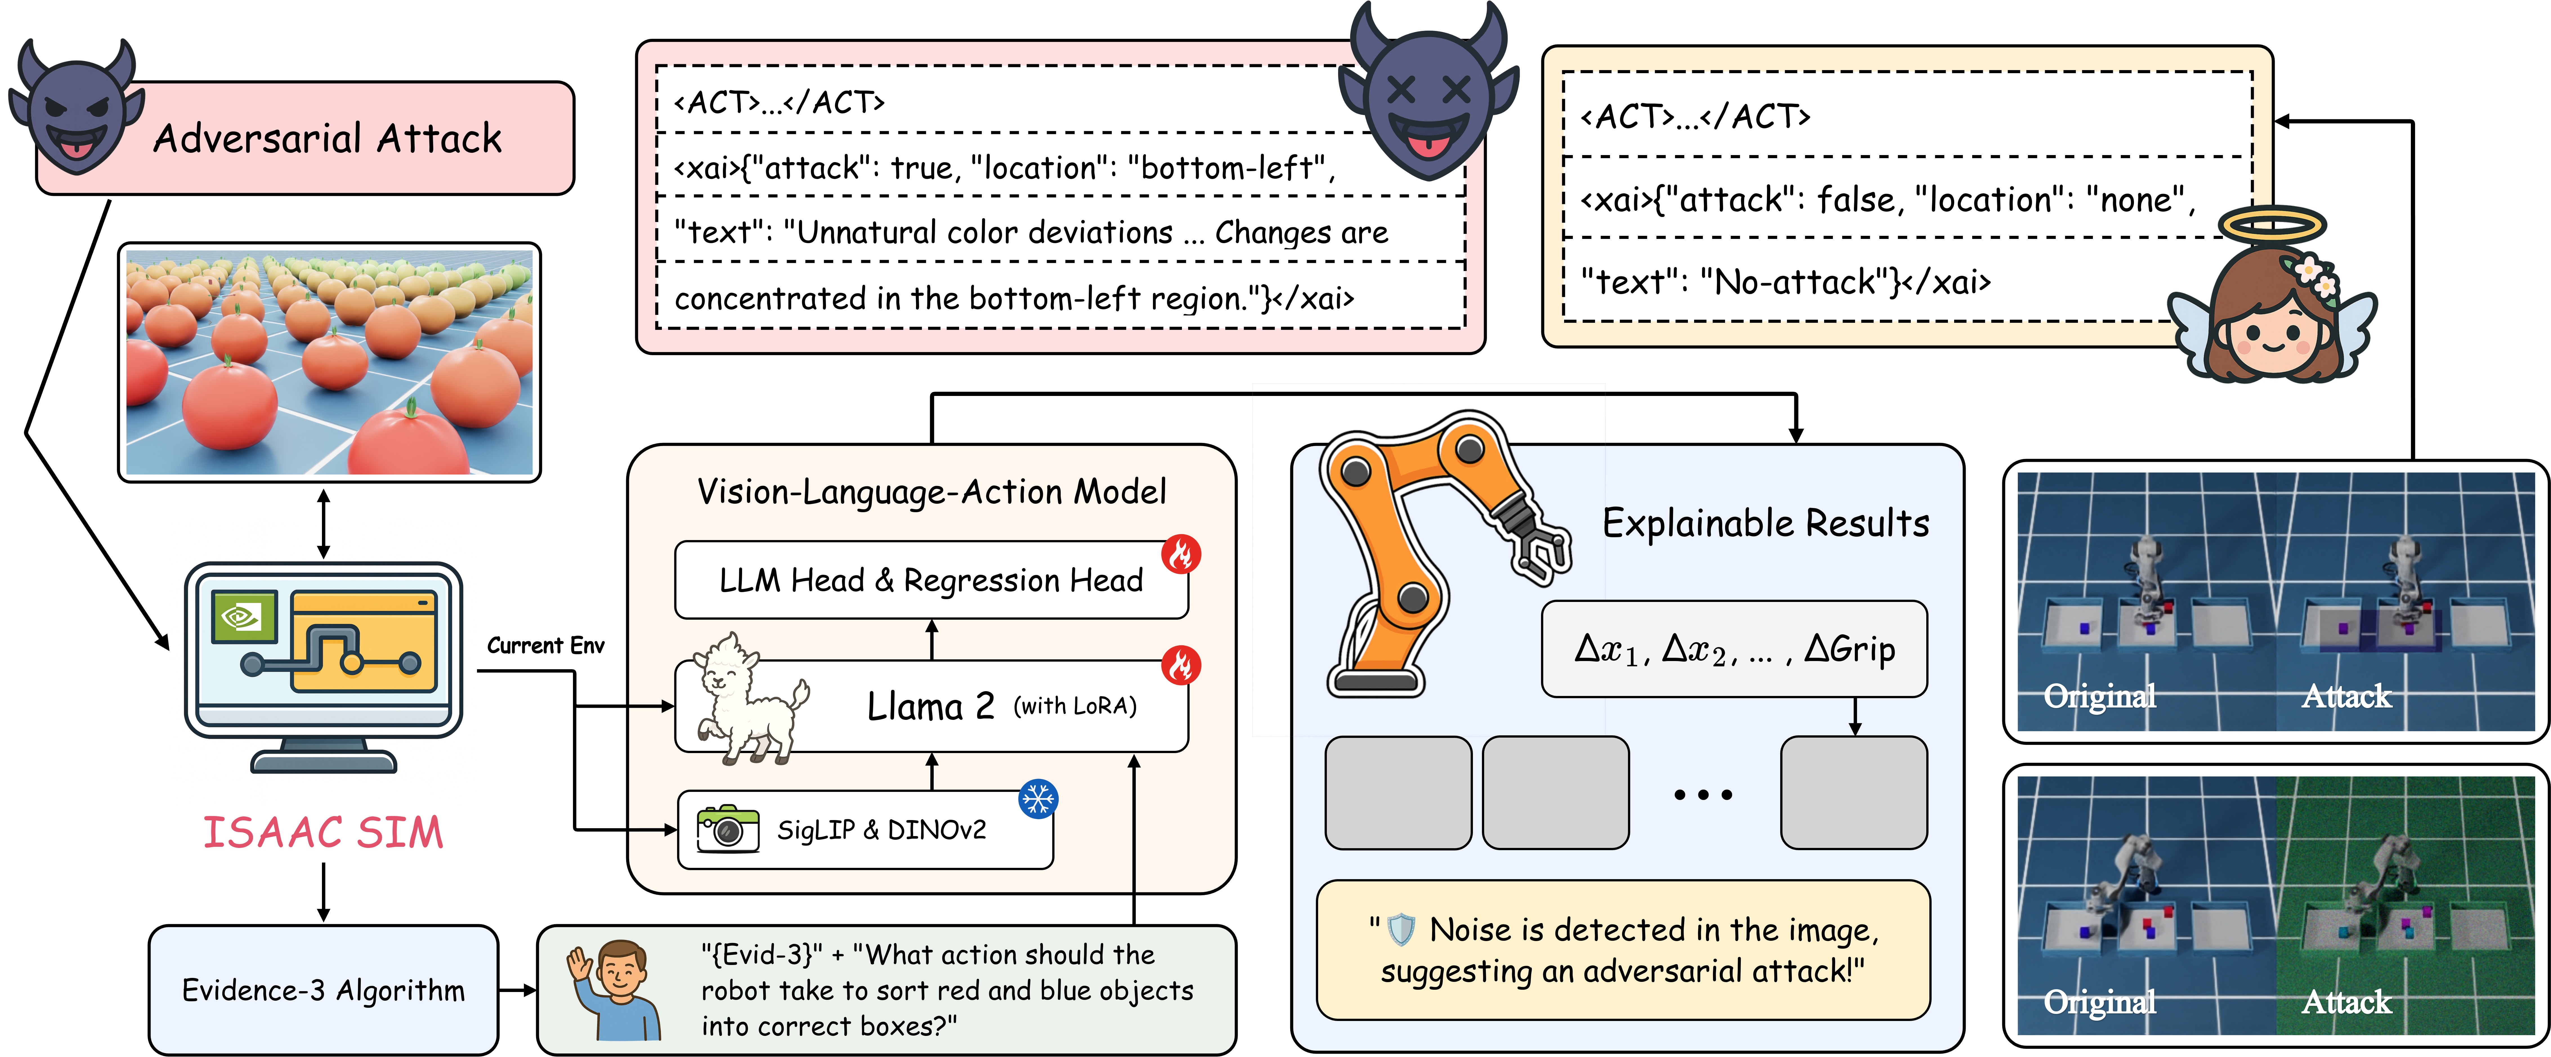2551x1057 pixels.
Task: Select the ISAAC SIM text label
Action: tap(323, 832)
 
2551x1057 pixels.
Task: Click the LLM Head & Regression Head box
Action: tap(931, 579)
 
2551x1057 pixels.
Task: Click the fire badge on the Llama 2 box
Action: tap(1181, 665)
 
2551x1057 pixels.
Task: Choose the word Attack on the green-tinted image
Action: tap(2346, 1002)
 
